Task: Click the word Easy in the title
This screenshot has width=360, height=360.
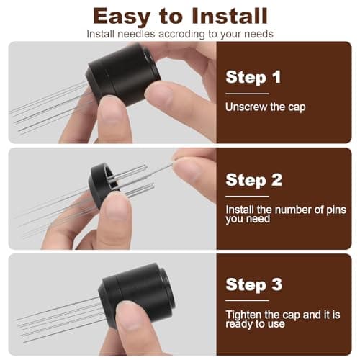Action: tap(123, 15)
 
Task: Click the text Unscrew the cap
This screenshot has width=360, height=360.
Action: tap(266, 107)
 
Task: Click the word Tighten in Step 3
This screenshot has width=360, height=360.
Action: tap(246, 315)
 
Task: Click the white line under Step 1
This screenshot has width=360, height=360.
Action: tap(247, 93)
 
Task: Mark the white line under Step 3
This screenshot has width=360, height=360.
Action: tap(247, 300)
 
